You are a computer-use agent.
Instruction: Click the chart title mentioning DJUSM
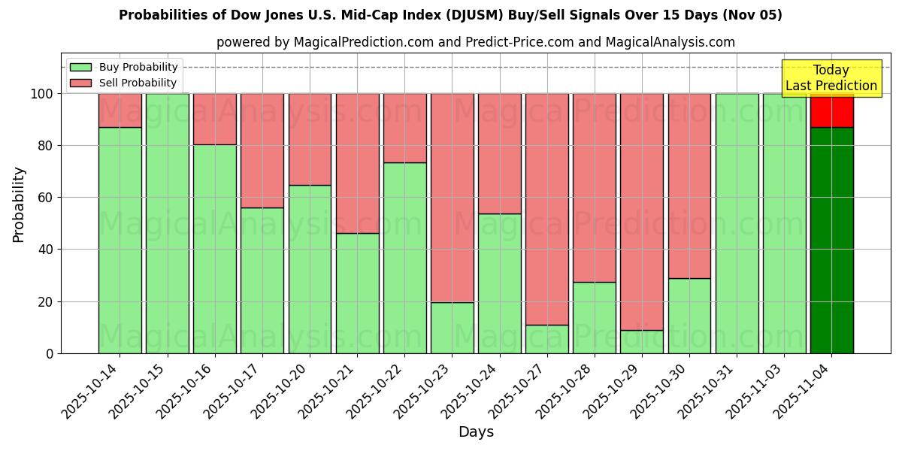point(450,15)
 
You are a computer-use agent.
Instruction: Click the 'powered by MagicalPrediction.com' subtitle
point(475,42)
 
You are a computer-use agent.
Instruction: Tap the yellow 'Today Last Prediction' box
point(831,78)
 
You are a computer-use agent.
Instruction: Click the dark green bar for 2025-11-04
point(831,241)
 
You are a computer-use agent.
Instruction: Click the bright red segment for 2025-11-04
point(831,111)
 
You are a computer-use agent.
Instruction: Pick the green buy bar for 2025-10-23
point(452,328)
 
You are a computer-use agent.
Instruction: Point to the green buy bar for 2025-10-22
point(404,258)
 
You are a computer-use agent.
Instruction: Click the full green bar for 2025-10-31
point(737,223)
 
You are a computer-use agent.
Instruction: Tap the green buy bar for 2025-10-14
point(120,241)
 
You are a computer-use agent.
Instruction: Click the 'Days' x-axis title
point(475,432)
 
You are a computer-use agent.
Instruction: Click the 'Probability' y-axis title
point(19,204)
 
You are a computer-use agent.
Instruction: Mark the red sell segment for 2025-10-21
point(357,163)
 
